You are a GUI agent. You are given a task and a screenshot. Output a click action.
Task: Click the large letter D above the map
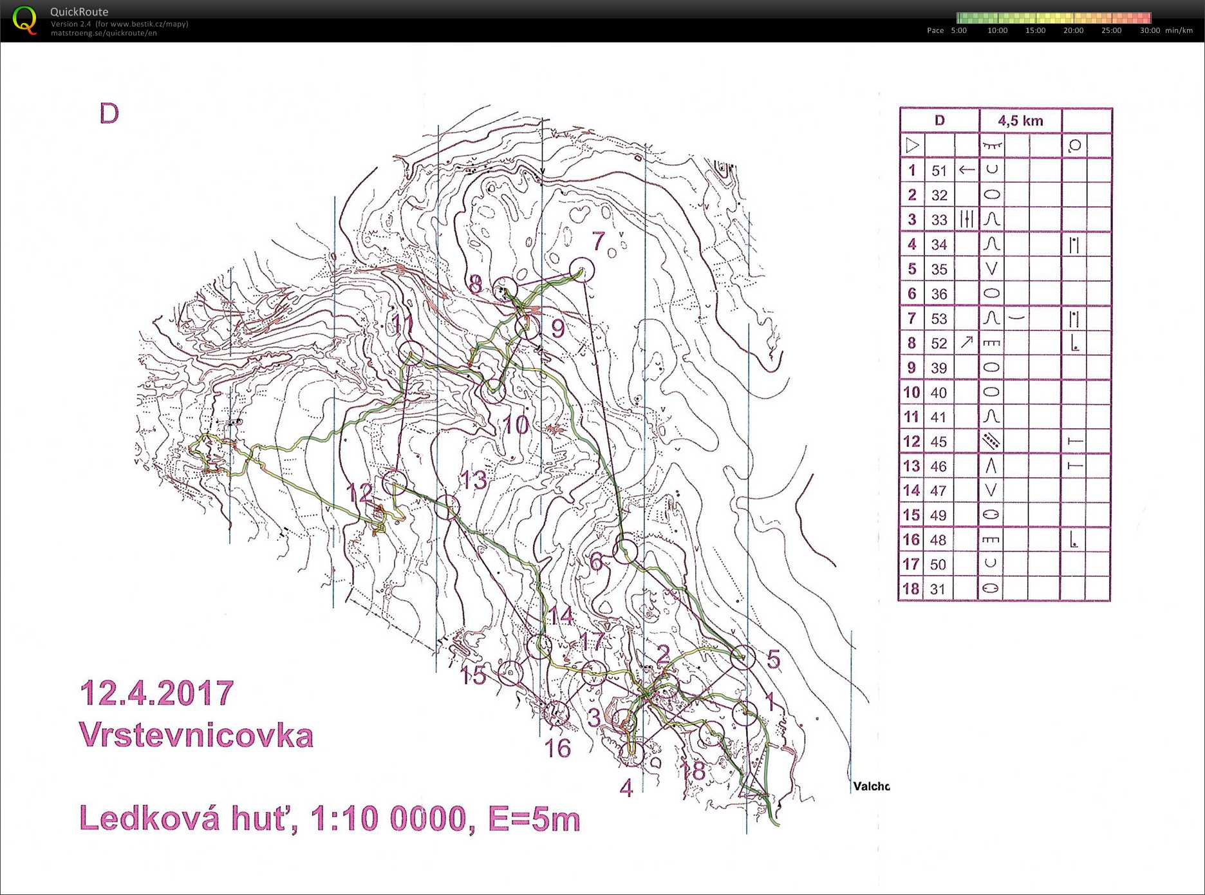109,114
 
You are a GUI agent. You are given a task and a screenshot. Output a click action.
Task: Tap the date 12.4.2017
156,693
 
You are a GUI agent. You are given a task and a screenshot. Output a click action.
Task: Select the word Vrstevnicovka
196,735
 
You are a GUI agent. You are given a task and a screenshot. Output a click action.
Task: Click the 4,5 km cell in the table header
1020,120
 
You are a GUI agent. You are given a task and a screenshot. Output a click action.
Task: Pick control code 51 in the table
939,171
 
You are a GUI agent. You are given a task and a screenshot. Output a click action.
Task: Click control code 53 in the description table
939,319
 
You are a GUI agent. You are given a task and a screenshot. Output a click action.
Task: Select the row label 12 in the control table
911,442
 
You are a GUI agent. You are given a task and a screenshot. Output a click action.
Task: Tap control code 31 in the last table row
938,589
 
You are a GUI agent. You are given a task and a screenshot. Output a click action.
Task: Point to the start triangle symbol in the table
912,146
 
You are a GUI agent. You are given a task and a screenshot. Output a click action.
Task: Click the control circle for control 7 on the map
581,270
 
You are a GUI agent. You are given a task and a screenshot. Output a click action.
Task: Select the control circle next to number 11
411,353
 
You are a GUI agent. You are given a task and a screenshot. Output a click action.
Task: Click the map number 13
473,480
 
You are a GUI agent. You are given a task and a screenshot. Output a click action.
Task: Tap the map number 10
516,425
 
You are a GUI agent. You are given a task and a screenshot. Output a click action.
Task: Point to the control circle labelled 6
624,550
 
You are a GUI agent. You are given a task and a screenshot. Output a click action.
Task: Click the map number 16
557,748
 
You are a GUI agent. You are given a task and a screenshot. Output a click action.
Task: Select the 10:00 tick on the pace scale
997,30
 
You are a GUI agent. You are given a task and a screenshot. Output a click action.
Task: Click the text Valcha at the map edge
871,786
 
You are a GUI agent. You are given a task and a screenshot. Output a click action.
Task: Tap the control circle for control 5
743,657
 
